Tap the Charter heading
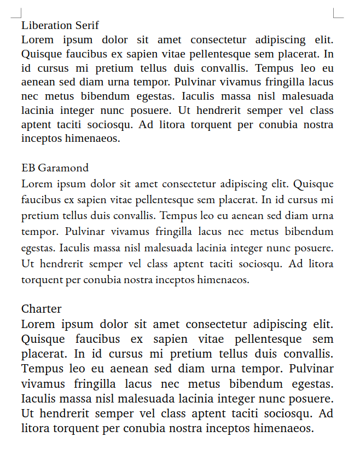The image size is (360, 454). click(42, 309)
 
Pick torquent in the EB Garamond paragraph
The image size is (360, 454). click(42, 280)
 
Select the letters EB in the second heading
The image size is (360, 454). click(27, 168)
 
